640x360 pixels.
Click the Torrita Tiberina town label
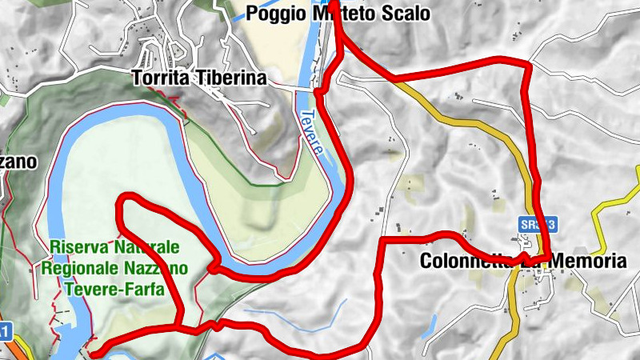[x=198, y=78]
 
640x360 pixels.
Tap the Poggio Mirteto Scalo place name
[x=338, y=14]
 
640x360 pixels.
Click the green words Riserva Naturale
[x=114, y=248]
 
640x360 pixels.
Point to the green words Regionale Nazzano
[x=117, y=268]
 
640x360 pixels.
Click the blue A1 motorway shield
[x=4, y=330]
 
